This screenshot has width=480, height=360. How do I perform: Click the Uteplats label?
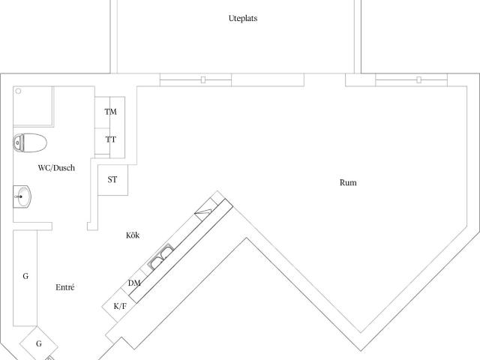pos(243,18)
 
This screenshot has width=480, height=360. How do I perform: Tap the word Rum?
pos(348,183)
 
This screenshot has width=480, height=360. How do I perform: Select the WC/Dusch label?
pos(56,168)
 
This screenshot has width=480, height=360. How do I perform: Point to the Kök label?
pos(133,235)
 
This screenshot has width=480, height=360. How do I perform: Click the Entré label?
pos(65,287)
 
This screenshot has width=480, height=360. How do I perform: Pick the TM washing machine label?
pos(110,112)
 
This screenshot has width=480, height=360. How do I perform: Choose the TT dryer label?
pos(110,139)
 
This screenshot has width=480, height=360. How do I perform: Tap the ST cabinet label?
pos(112,179)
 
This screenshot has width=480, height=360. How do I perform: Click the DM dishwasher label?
pos(134,283)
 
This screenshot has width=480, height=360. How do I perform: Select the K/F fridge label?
pos(120,306)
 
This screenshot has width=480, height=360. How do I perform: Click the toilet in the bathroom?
pos(30,142)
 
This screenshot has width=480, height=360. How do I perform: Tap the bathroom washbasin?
pos(22,196)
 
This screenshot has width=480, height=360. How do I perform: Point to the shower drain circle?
pos(18,91)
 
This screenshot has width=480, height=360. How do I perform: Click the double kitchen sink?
pos(160,256)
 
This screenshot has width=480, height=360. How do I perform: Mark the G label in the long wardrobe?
pos(25,276)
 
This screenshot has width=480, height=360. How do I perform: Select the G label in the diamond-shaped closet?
pos(39,343)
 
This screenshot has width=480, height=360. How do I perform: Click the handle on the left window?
pos(203,80)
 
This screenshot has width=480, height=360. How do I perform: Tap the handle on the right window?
pos(418,80)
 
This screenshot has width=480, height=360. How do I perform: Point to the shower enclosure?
pos(33,106)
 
